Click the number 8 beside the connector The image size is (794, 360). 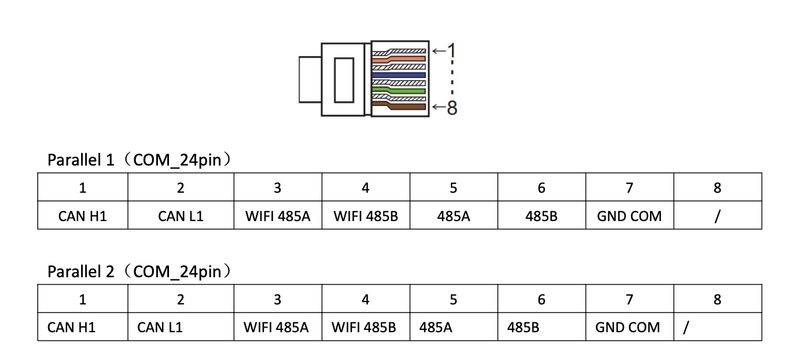(452, 107)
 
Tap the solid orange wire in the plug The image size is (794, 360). (405, 58)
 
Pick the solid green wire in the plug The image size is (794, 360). (405, 91)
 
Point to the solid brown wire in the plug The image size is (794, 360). (405, 106)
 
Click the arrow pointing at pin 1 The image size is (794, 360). (438, 51)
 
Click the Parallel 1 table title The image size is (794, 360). (139, 160)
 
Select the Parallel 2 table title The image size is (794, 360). (139, 271)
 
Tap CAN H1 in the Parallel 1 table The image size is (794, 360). (83, 216)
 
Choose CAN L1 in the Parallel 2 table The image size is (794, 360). (160, 328)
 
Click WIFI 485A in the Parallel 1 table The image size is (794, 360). (277, 216)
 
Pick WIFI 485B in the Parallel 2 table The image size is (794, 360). (364, 328)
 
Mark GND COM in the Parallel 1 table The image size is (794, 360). (629, 216)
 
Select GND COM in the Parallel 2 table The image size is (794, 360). (627, 328)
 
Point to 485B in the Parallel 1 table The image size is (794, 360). (541, 216)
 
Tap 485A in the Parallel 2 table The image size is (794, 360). (436, 328)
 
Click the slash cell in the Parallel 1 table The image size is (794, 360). (717, 216)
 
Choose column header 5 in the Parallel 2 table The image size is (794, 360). (453, 299)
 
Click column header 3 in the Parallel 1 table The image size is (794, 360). (277, 188)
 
